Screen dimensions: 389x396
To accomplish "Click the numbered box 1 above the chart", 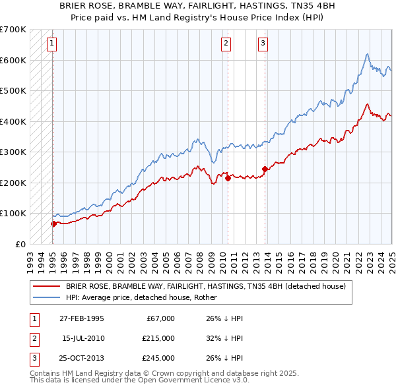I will (51, 44).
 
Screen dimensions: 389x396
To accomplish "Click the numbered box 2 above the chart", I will (226, 44).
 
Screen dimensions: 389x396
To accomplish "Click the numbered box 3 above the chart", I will (263, 44).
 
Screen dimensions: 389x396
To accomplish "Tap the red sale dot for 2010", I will (228, 178).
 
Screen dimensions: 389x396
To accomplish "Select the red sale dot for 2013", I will (265, 169).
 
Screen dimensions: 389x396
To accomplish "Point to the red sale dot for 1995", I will (53, 224).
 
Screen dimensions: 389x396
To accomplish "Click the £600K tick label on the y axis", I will (13, 60).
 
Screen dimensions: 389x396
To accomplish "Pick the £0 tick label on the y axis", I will (20, 244).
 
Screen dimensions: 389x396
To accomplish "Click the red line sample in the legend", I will (46, 287).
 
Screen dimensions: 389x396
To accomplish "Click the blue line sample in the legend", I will (46, 297).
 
